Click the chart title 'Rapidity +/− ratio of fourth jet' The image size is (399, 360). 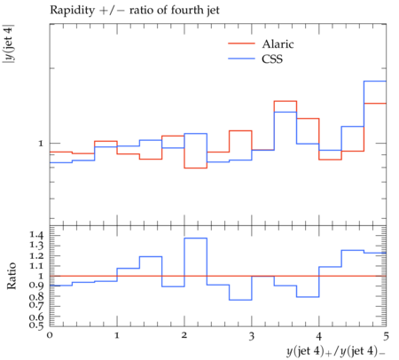click(135, 11)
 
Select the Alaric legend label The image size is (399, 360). click(278, 44)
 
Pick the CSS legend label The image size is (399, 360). click(272, 59)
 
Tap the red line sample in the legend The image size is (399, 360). click(241, 43)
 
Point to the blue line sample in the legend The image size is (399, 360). click(241, 59)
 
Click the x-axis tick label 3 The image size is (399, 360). click(252, 336)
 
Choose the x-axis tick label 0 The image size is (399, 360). click(50, 335)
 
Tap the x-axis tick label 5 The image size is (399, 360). click(386, 336)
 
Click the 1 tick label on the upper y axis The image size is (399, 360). click(41, 144)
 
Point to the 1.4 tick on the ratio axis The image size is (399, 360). click(36, 236)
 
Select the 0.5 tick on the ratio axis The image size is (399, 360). click(36, 325)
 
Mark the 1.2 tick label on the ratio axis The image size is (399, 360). click(36, 256)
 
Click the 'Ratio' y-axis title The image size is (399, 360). click(12, 276)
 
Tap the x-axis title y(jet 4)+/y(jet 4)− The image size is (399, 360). click(336, 351)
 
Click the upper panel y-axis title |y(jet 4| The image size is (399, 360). click(9, 43)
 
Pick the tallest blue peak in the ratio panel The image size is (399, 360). click(196, 238)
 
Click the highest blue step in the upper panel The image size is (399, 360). click(375, 81)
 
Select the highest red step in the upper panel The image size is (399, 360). click(286, 101)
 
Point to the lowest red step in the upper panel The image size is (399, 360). click(196, 168)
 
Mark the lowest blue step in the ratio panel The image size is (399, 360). click(240, 300)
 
